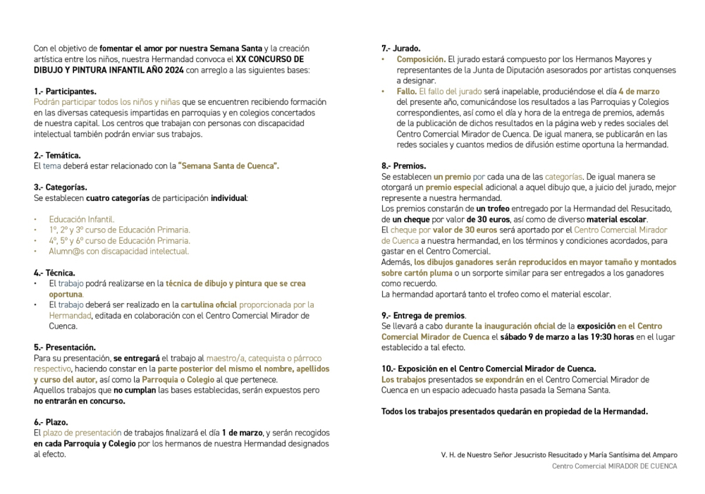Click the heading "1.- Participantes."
click(x=65, y=92)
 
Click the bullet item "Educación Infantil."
click(x=82, y=219)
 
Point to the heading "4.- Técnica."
click(x=54, y=272)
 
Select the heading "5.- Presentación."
click(x=65, y=347)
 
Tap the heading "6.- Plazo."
click(x=52, y=421)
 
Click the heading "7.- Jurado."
click(x=401, y=49)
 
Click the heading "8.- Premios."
click(x=403, y=166)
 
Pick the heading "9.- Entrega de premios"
click(x=423, y=315)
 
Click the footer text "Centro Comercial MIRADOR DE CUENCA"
click(x=614, y=466)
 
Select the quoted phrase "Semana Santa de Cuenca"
click(x=229, y=166)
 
